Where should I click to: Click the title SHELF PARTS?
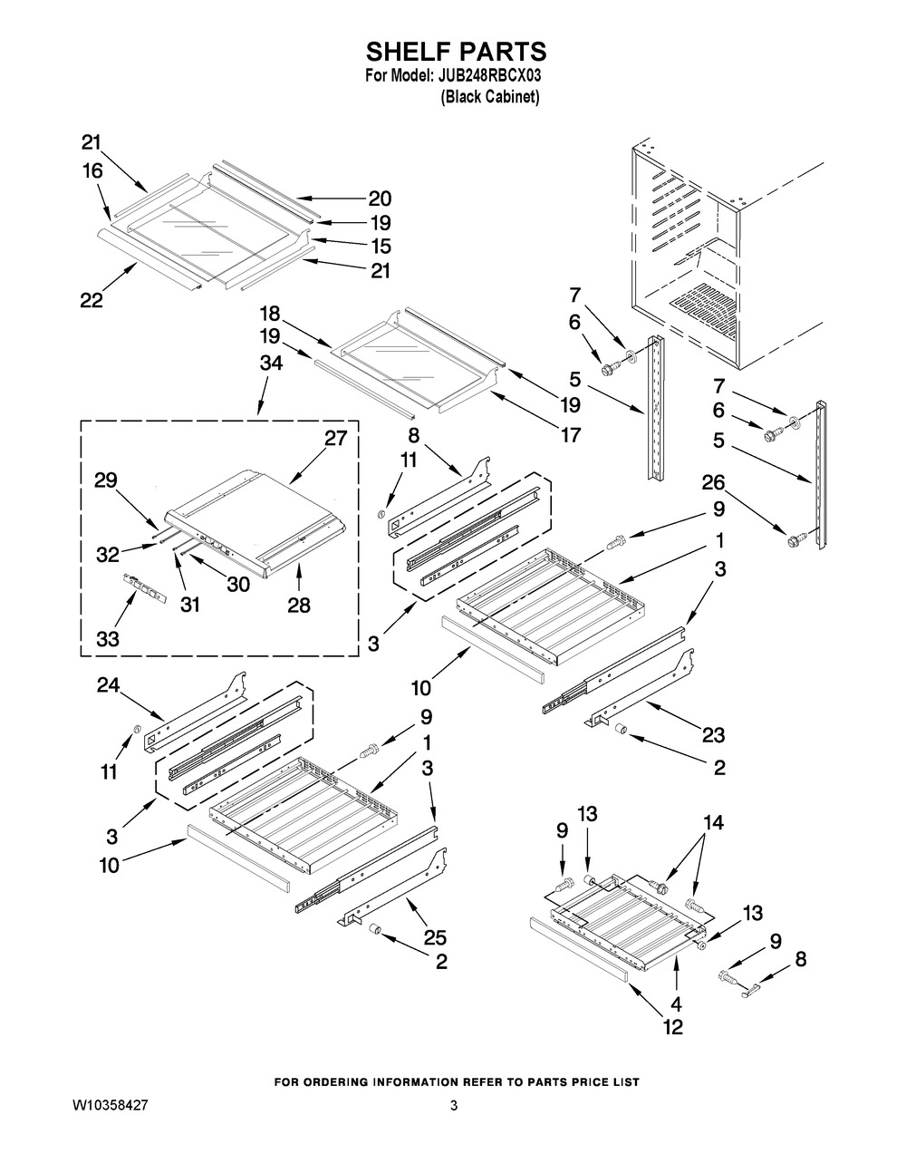click(457, 52)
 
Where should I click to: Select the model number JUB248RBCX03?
click(487, 75)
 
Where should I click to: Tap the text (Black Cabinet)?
click(489, 97)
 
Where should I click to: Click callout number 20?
click(380, 199)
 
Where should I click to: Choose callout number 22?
click(92, 300)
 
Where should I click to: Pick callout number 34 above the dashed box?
click(271, 363)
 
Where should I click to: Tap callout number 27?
click(335, 438)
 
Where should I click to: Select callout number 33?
click(108, 639)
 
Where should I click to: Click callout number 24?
click(109, 685)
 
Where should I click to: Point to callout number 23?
click(713, 734)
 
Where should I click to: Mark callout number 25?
click(435, 937)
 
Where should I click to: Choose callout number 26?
click(713, 482)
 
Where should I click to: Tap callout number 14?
click(713, 823)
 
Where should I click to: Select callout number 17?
click(571, 434)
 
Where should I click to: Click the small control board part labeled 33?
click(145, 588)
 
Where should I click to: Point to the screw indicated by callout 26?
click(797, 538)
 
